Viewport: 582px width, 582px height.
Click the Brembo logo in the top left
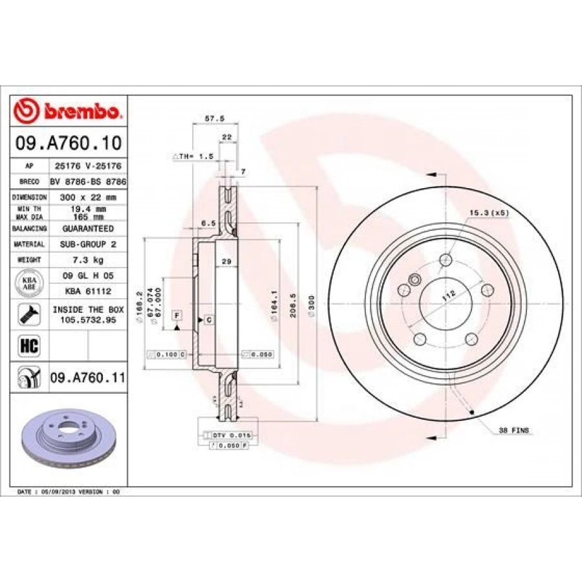pos(68,111)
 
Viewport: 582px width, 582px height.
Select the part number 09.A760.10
pos(68,142)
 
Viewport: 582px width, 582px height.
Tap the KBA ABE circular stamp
pos(29,282)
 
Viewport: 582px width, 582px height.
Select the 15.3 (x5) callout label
pos(489,213)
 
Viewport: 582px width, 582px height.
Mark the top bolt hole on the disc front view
pos(445,260)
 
